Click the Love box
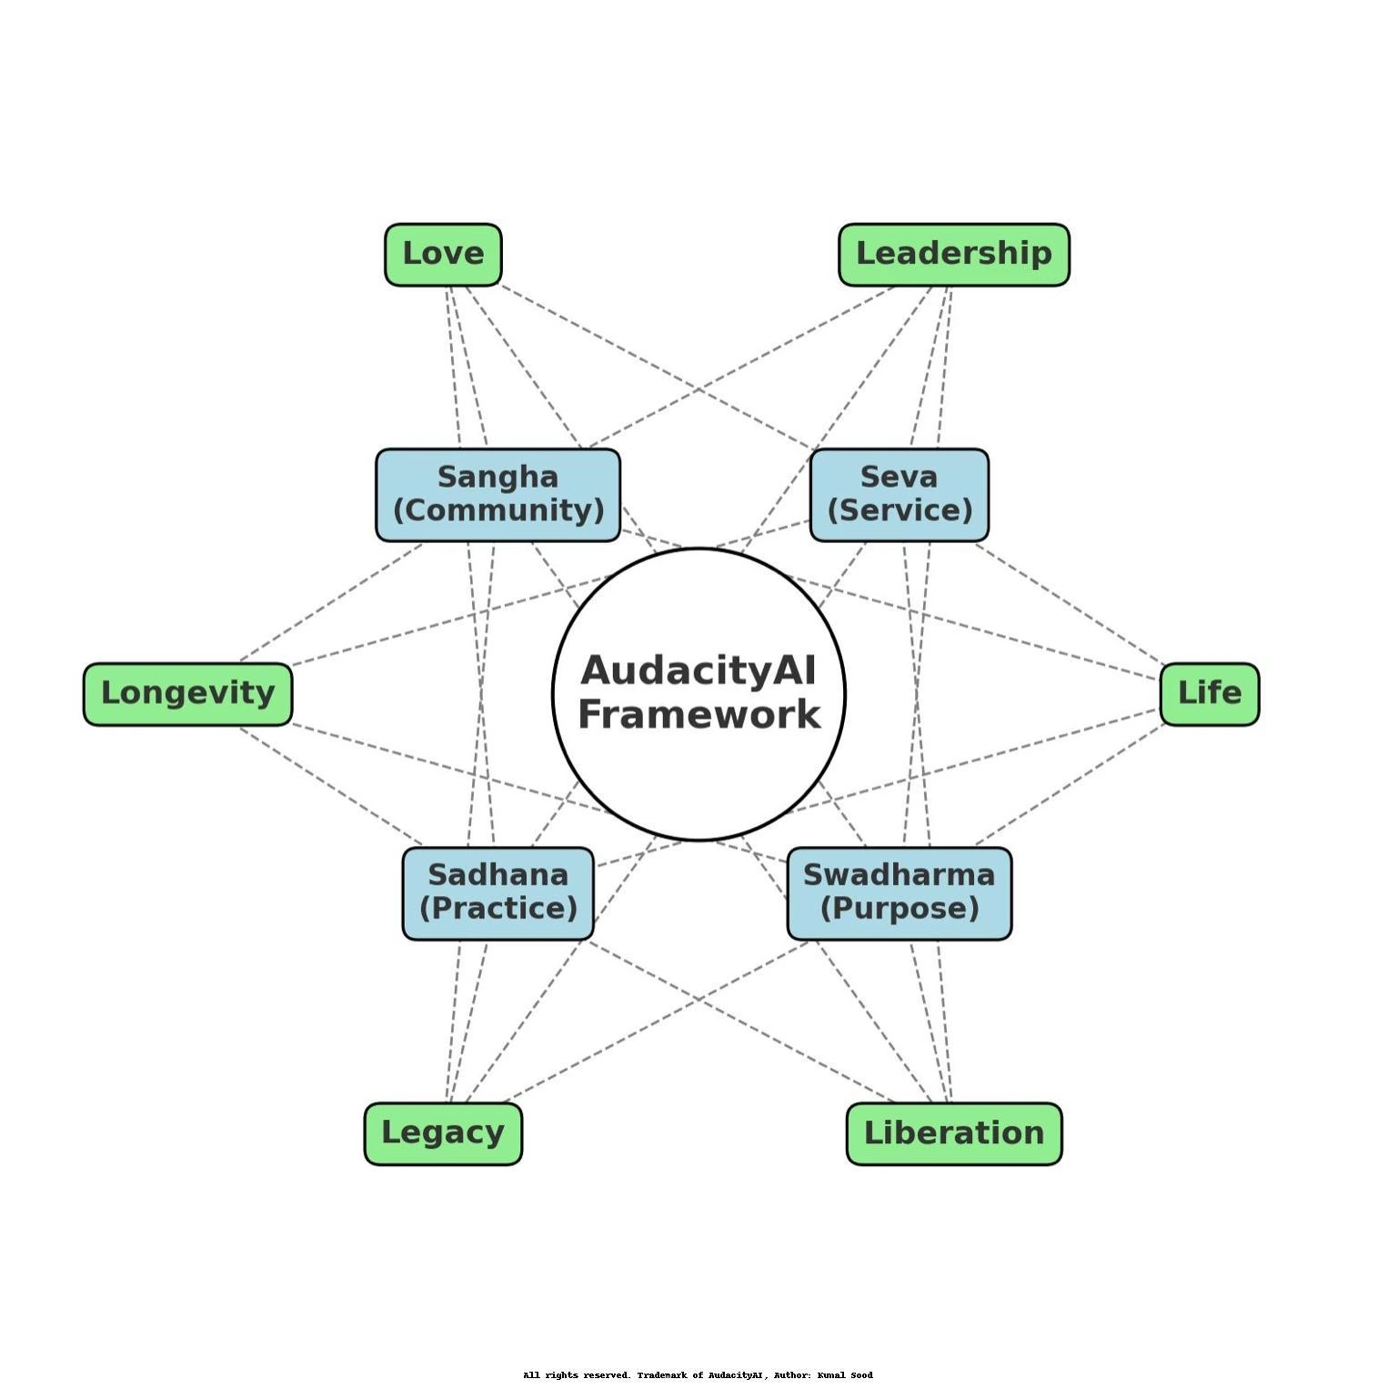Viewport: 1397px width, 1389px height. click(x=443, y=254)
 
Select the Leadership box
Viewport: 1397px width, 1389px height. click(x=953, y=254)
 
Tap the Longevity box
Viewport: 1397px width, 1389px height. click(x=187, y=693)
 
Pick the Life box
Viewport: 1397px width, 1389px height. click(x=1209, y=693)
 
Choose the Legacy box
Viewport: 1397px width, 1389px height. click(x=443, y=1132)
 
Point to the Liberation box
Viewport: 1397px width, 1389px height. click(x=953, y=1132)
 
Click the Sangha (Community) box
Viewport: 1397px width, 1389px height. click(x=497, y=494)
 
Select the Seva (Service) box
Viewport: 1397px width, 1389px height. click(x=899, y=494)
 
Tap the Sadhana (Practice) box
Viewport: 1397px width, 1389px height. click(x=497, y=892)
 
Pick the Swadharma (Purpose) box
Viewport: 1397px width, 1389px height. click(x=899, y=892)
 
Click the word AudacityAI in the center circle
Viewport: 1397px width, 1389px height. click(x=698, y=671)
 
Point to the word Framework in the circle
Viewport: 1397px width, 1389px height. click(x=698, y=715)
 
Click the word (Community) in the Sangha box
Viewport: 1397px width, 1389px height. click(x=498, y=510)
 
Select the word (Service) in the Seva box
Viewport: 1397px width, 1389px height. click(x=900, y=510)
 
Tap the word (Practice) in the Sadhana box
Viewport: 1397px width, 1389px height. click(x=498, y=908)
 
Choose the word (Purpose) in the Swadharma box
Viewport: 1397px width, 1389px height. click(x=900, y=908)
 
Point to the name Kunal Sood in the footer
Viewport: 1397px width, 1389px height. click(x=845, y=1374)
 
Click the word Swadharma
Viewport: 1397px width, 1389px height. click(x=899, y=875)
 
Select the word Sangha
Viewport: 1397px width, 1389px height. click(x=497, y=477)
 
